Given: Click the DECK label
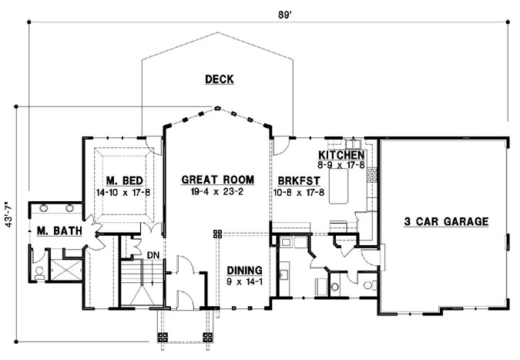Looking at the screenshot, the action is pos(220,79).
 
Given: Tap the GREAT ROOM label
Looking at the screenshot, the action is pos(218,180).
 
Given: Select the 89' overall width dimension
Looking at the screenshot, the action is pos(284,15).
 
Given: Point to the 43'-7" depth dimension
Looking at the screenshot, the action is pos(9,215).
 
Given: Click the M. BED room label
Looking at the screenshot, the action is pos(124,181).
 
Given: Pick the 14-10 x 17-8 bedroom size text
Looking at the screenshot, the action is pos(123,193).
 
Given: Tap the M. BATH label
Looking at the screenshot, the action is pos(59,230).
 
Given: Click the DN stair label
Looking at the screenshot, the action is pos(153,255).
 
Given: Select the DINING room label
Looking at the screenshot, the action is pos(244,271).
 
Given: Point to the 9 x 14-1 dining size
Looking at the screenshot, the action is pos(244,282).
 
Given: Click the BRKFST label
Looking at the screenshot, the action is pos(299,181).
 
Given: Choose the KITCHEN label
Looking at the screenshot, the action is pos(341,155).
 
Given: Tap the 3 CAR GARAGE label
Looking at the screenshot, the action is pos(446,221).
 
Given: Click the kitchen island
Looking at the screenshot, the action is pos(339,186).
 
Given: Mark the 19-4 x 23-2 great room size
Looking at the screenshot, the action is pos(217,191).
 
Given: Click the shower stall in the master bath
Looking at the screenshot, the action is pos(65,270).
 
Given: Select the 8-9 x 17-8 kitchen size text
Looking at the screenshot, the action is pos(341,165).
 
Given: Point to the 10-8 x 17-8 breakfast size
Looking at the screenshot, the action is pos(299,193).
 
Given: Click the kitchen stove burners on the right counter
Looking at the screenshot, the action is pos(372,175).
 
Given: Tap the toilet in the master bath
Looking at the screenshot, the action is pos(39,272).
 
